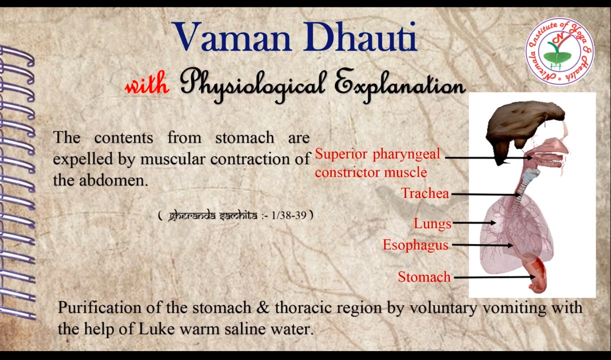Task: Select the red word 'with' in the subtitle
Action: [x=146, y=86]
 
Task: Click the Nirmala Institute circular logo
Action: [x=559, y=51]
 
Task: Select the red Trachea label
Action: [x=425, y=193]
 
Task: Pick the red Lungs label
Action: [x=432, y=223]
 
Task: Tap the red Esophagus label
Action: [x=415, y=245]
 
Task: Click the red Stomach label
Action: [x=424, y=276]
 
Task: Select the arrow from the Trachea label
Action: [x=485, y=194]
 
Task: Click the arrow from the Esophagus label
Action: [x=482, y=245]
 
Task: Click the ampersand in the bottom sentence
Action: [x=262, y=307]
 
